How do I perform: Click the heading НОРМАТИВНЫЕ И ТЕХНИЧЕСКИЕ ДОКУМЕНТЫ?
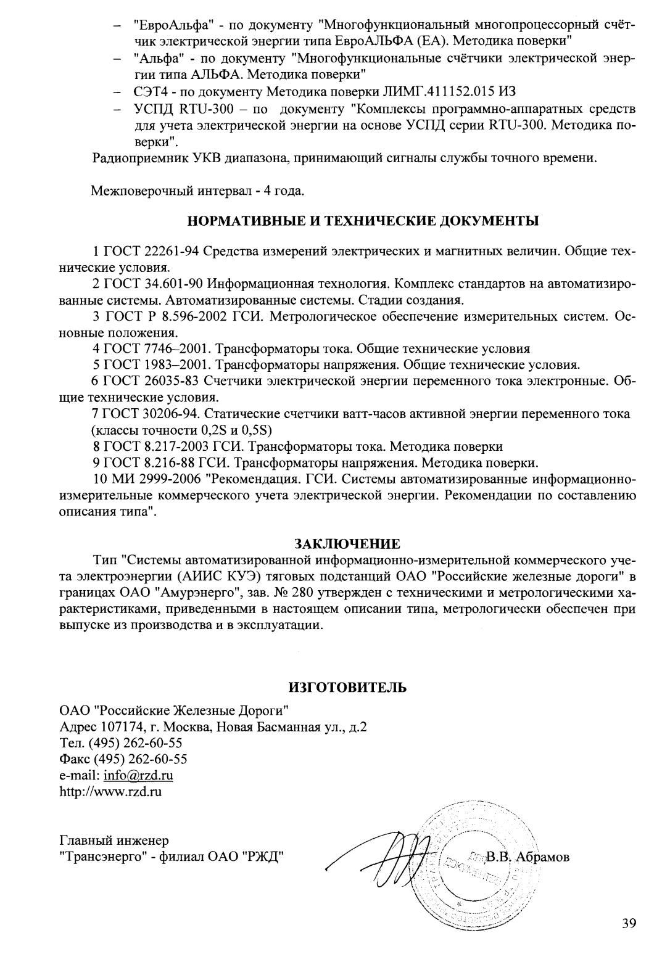(362, 221)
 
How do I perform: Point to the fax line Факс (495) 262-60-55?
(123, 759)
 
